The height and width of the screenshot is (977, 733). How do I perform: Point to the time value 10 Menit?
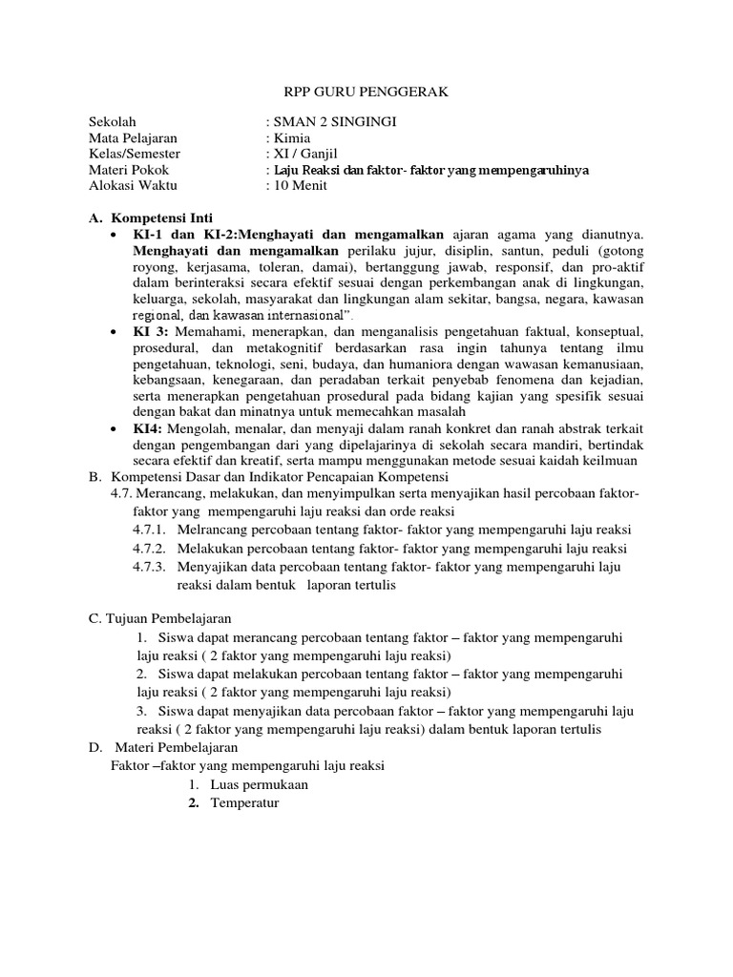click(x=300, y=185)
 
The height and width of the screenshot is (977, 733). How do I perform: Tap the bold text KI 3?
click(x=150, y=330)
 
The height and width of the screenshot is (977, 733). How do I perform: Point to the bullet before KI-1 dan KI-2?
click(x=115, y=234)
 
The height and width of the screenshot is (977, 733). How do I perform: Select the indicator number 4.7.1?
click(x=150, y=529)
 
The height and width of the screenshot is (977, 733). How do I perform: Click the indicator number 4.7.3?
click(x=150, y=566)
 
